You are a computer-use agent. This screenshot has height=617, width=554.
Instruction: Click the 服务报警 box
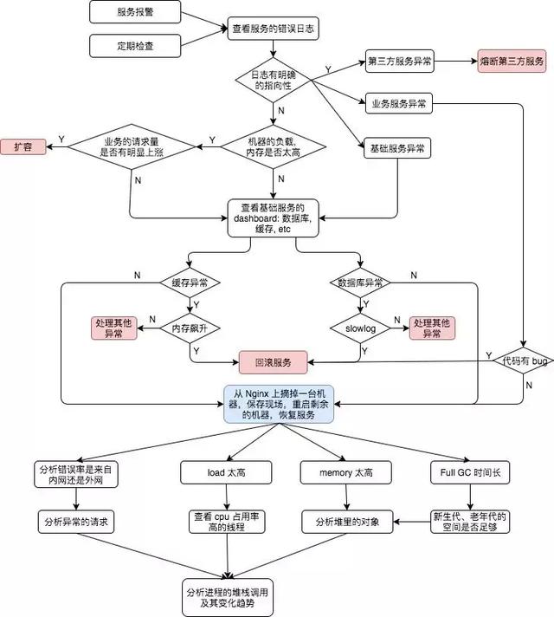(135, 13)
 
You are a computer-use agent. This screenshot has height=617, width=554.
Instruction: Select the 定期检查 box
(135, 43)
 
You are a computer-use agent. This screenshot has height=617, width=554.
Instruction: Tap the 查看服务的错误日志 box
(274, 29)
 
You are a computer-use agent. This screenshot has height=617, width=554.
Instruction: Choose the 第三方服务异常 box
(400, 61)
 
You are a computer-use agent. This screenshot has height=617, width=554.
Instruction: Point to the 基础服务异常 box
(396, 149)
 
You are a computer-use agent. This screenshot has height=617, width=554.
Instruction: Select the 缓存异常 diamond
(189, 283)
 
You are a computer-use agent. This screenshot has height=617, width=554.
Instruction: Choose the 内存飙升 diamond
(189, 327)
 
